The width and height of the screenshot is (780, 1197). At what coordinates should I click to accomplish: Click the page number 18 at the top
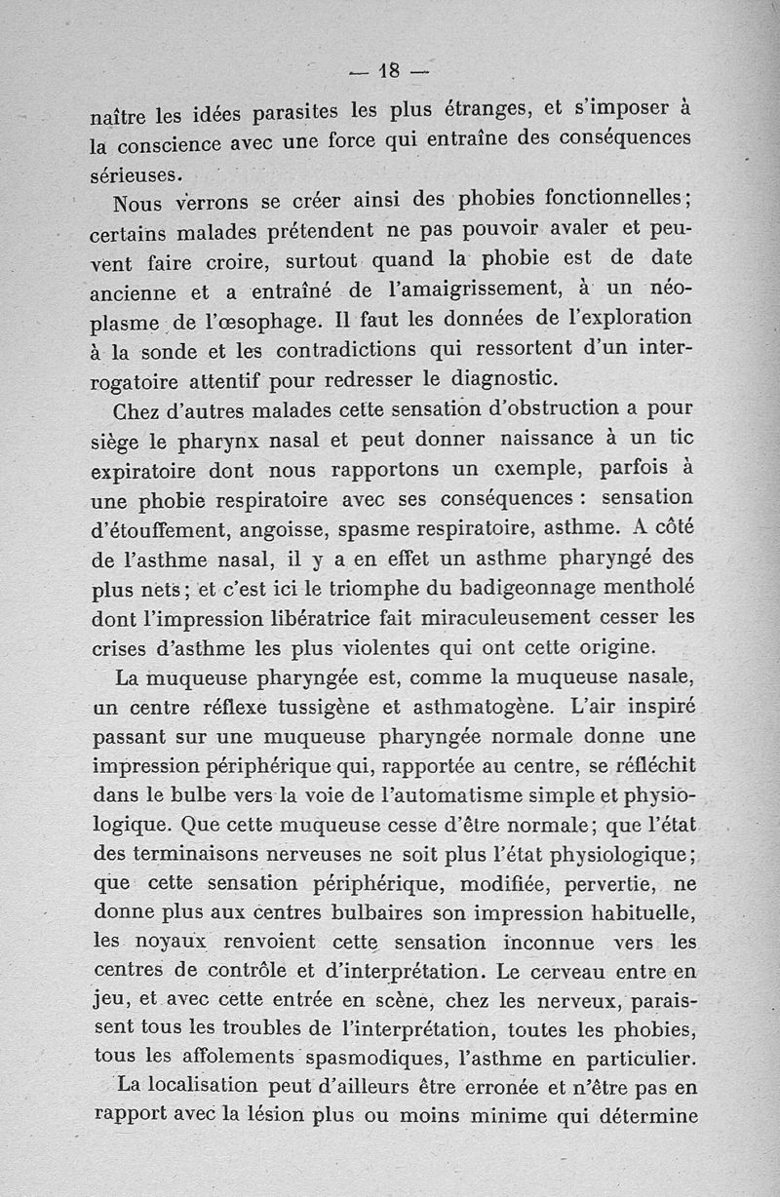click(390, 70)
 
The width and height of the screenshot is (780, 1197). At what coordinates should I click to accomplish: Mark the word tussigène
click(381, 705)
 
